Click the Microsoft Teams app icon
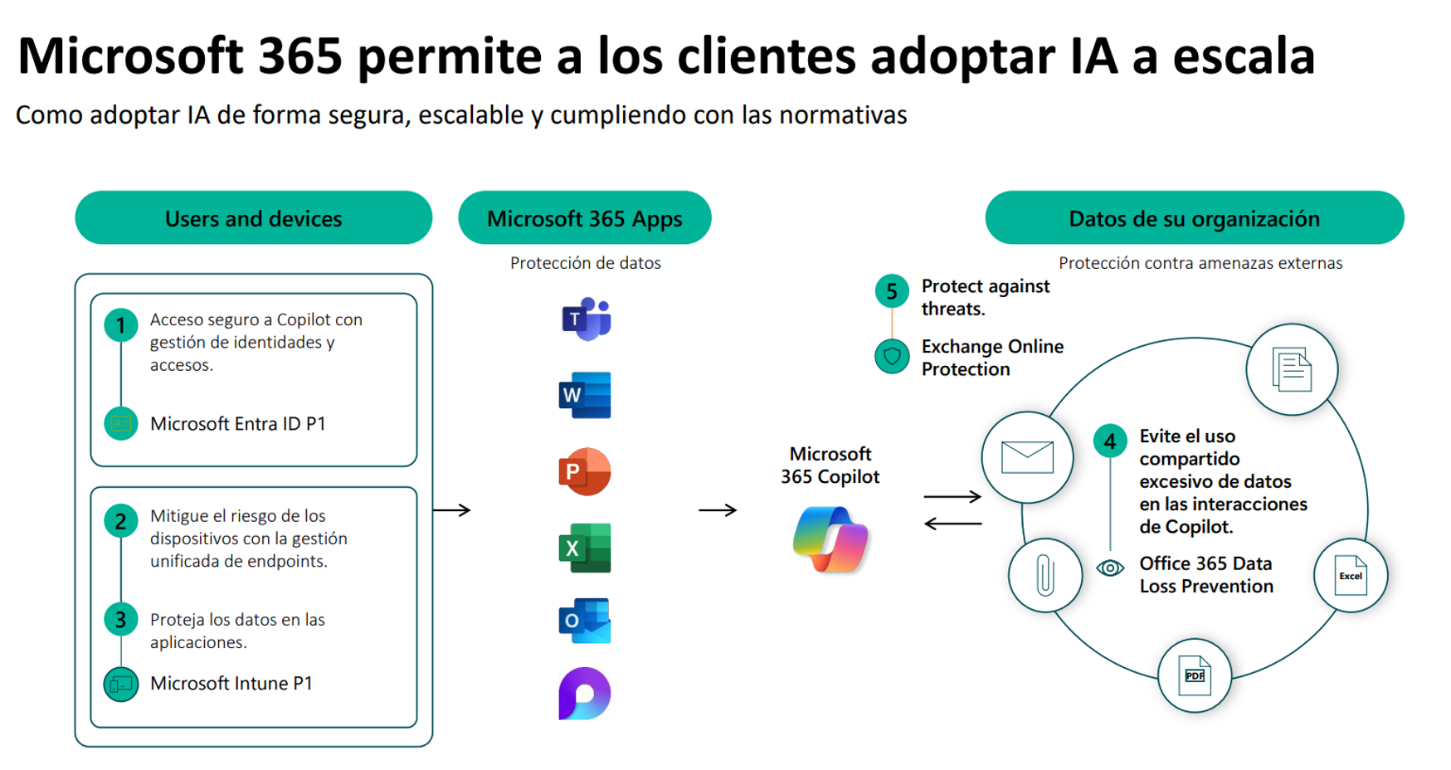tap(586, 319)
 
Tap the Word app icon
tap(585, 395)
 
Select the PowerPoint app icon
tap(585, 471)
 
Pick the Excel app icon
tap(585, 548)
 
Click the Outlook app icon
tap(585, 621)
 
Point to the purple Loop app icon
tap(585, 694)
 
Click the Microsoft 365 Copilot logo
tap(830, 539)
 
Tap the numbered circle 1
tap(121, 325)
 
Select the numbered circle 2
tap(121, 521)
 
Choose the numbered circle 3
tap(121, 619)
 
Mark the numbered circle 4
tap(1110, 441)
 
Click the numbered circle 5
tap(892, 291)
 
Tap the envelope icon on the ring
tap(1027, 457)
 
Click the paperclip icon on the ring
tap(1045, 576)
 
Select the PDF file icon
tap(1195, 675)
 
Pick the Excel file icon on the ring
tap(1351, 576)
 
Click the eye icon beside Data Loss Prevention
tap(1110, 568)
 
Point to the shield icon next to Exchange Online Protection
tap(892, 357)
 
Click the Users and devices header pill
tap(253, 218)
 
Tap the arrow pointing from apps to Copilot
tap(718, 510)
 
